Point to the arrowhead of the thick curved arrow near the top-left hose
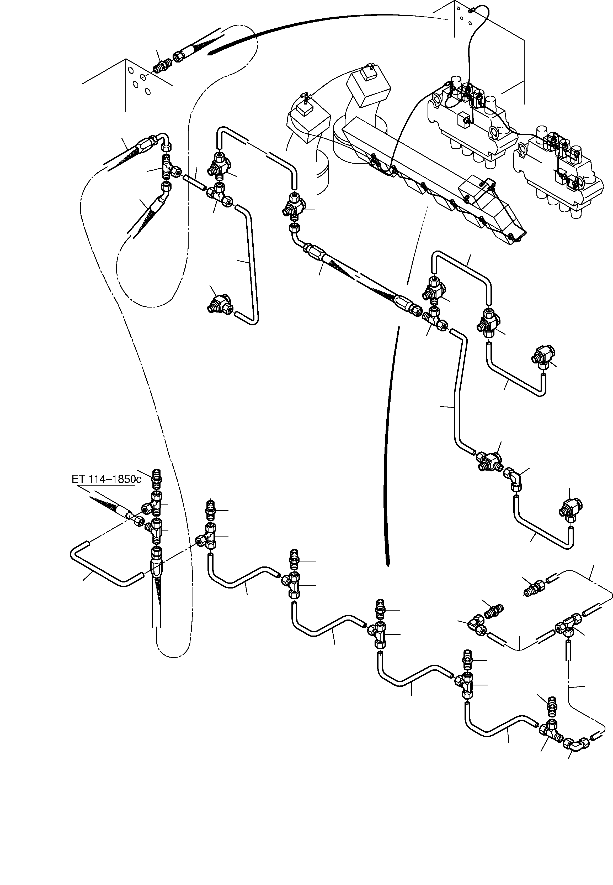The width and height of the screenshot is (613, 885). click(209, 54)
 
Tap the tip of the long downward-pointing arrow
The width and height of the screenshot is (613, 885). click(388, 565)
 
